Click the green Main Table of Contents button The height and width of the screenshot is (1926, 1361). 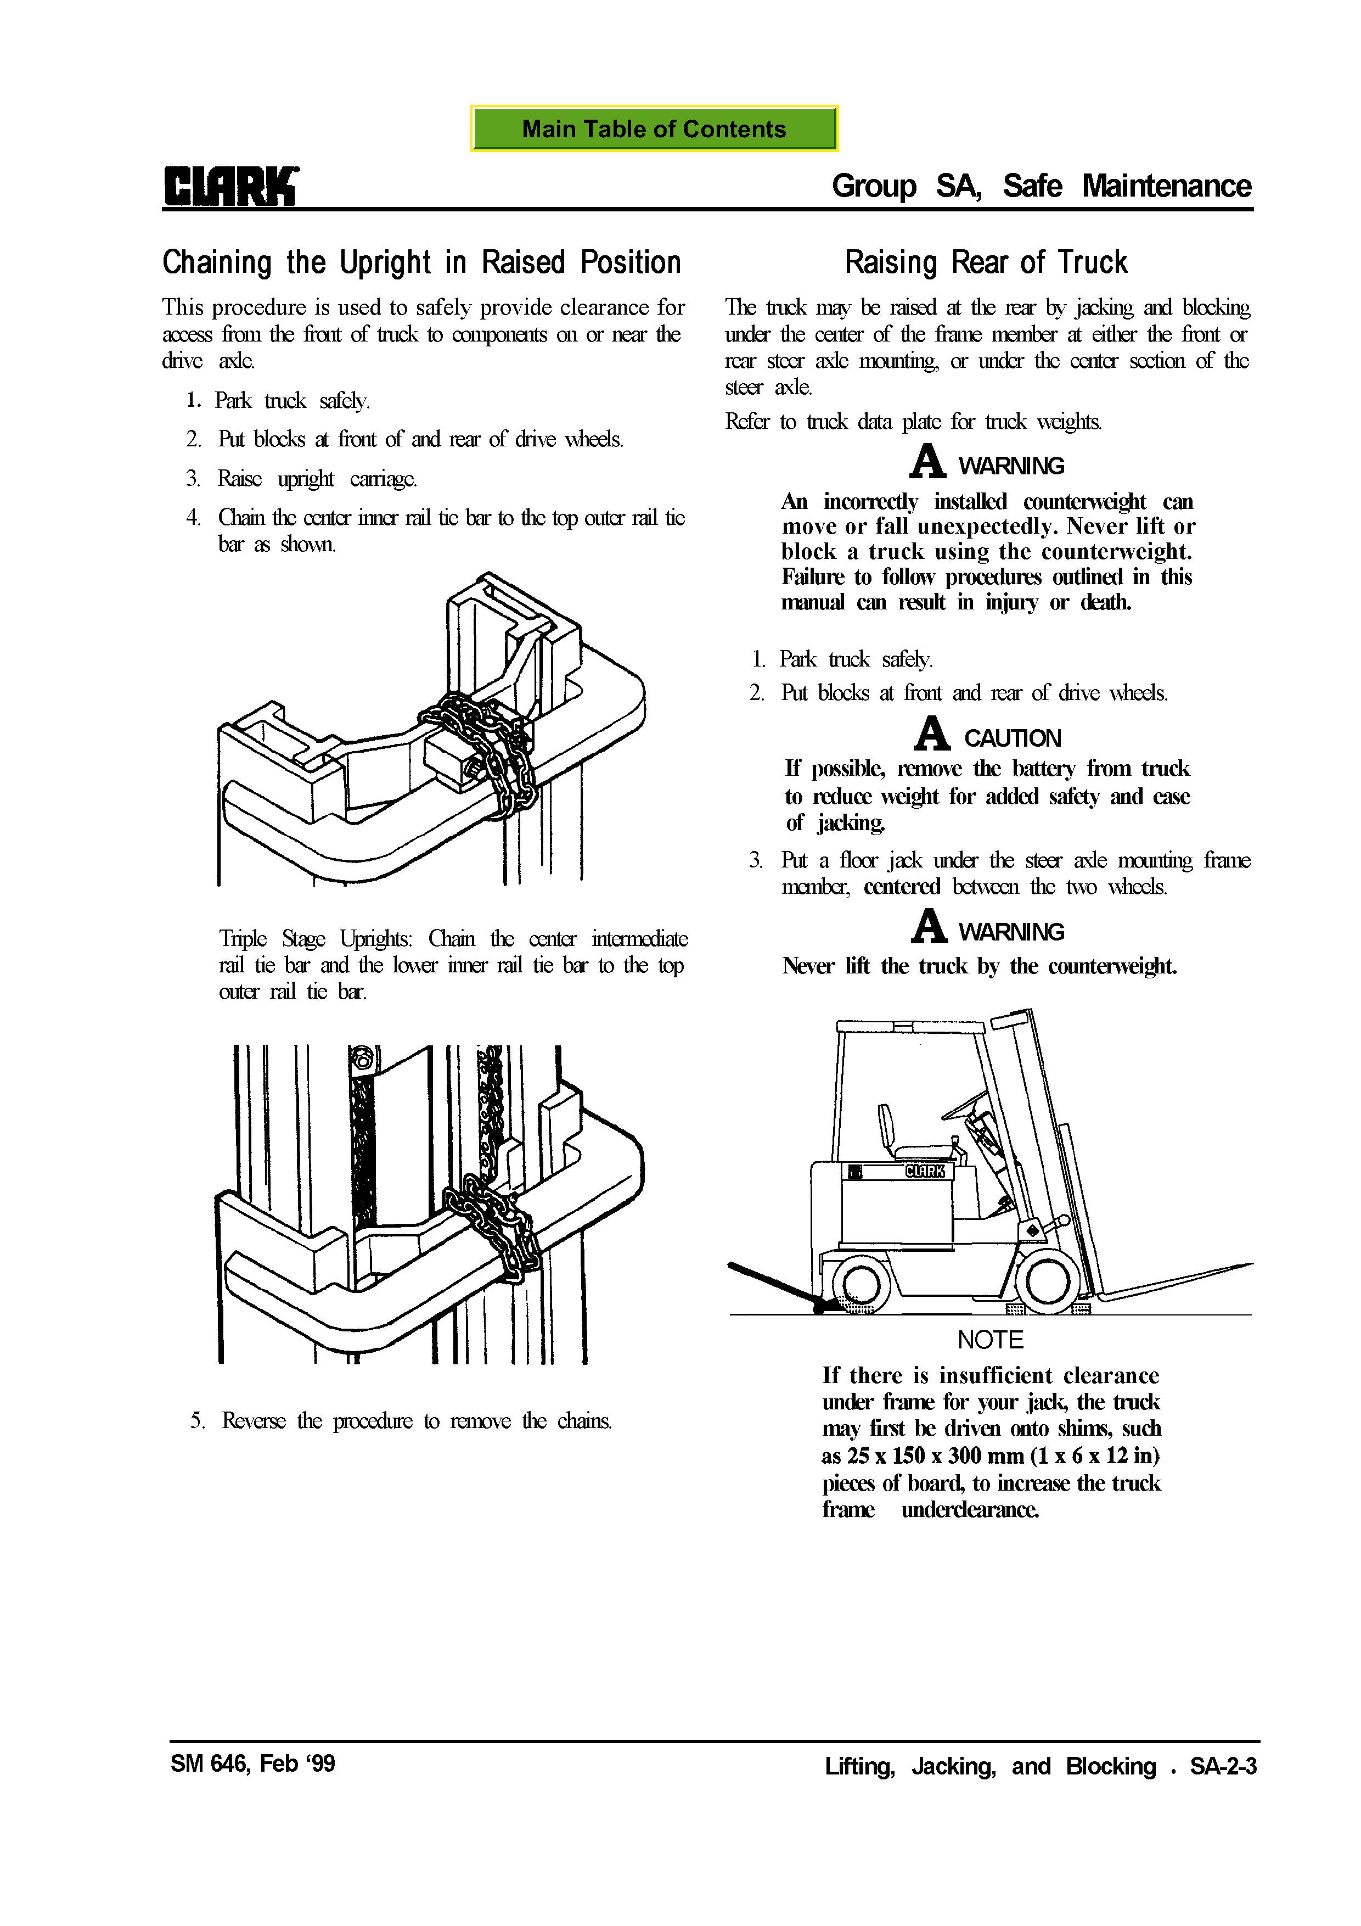click(x=654, y=128)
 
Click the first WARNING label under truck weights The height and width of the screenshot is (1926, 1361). click(x=1010, y=466)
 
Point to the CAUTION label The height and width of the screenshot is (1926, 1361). click(x=1012, y=738)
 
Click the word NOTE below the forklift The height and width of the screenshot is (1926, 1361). click(x=991, y=1340)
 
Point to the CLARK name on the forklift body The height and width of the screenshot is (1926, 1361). click(x=925, y=1172)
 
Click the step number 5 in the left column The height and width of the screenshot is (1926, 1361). click(x=196, y=1421)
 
